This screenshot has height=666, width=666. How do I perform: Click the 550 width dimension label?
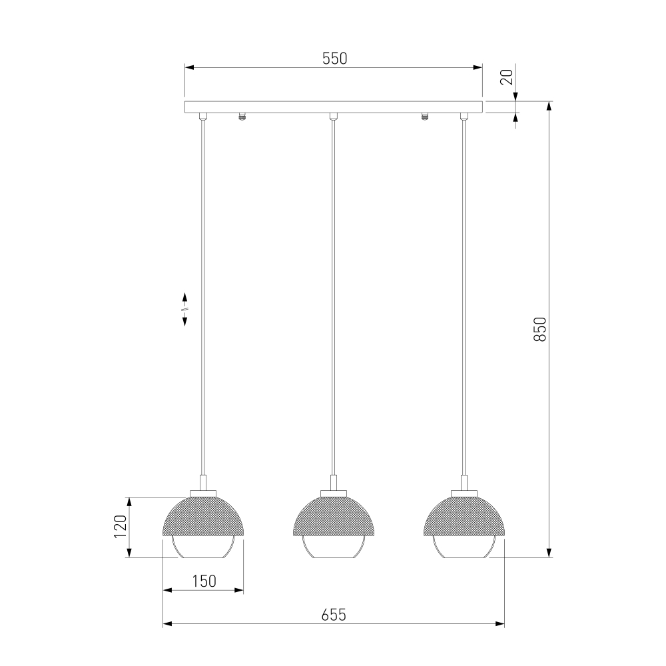click(x=335, y=59)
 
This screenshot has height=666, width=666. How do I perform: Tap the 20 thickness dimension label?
click(x=507, y=77)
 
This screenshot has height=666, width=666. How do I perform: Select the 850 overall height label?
click(x=539, y=329)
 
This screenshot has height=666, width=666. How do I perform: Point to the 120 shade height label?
click(x=120, y=527)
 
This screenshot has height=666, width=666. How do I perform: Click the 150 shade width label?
click(x=204, y=581)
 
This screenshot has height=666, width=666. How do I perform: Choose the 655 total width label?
click(x=334, y=615)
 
